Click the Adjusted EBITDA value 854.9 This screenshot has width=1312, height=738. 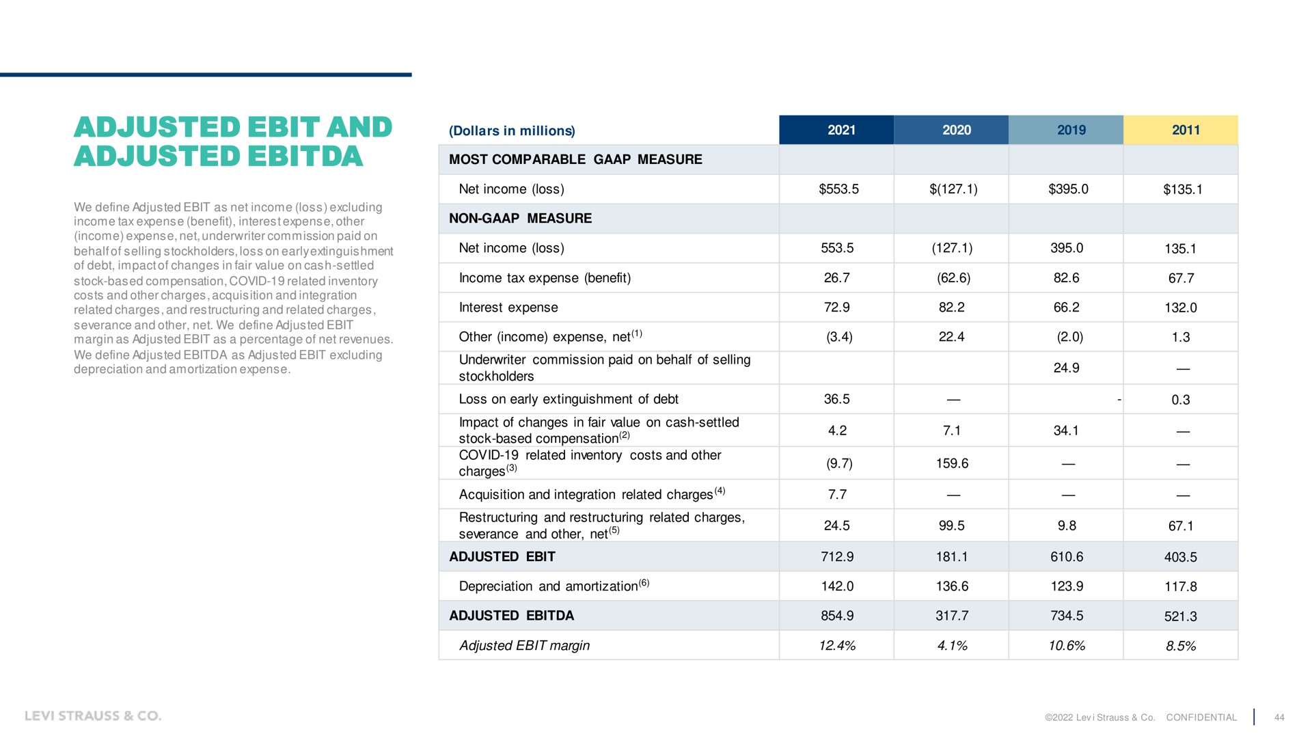pyautogui.click(x=837, y=616)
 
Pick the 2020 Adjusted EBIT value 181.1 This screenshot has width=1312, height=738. pyautogui.click(x=952, y=557)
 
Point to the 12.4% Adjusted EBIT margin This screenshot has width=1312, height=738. pyautogui.click(x=837, y=646)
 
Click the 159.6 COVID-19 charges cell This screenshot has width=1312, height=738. pyautogui.click(x=952, y=463)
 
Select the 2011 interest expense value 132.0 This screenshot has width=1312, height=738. pyautogui.click(x=1181, y=307)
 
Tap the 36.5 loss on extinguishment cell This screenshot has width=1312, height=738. pyautogui.click(x=837, y=399)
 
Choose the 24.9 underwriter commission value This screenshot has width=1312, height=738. pyautogui.click(x=1067, y=368)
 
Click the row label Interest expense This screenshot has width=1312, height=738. pyautogui.click(x=508, y=307)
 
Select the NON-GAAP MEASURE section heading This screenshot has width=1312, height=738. pyautogui.click(x=520, y=219)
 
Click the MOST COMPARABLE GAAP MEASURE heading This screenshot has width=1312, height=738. pyautogui.click(x=575, y=159)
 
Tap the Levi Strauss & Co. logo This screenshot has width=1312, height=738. pyautogui.click(x=93, y=715)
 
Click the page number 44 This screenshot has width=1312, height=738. pyautogui.click(x=1279, y=717)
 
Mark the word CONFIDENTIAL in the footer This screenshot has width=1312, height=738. pyautogui.click(x=1201, y=717)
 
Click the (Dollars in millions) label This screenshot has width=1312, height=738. pyautogui.click(x=512, y=131)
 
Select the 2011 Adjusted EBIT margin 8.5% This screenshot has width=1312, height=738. pyautogui.click(x=1181, y=646)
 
